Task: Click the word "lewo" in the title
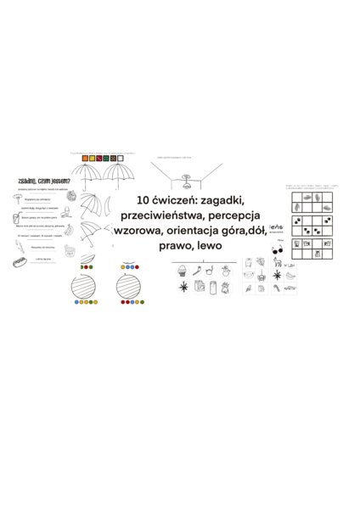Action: click(210, 246)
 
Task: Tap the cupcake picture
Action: click(182, 272)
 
